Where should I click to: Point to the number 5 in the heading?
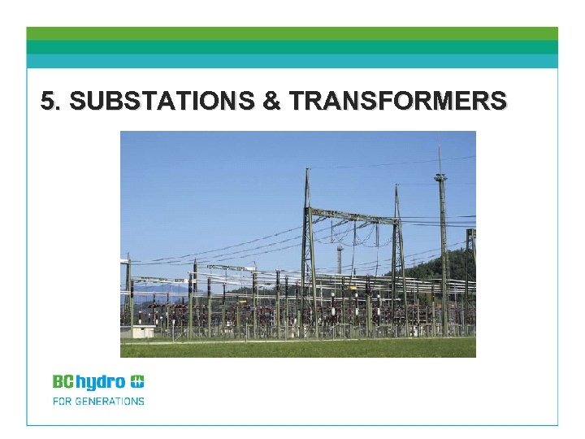click(48, 101)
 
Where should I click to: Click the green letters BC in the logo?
click(63, 381)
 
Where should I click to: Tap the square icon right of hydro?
click(137, 381)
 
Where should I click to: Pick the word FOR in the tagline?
click(62, 401)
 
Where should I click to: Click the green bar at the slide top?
click(292, 33)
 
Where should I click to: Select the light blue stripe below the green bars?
click(292, 61)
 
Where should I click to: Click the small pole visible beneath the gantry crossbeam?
click(339, 259)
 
